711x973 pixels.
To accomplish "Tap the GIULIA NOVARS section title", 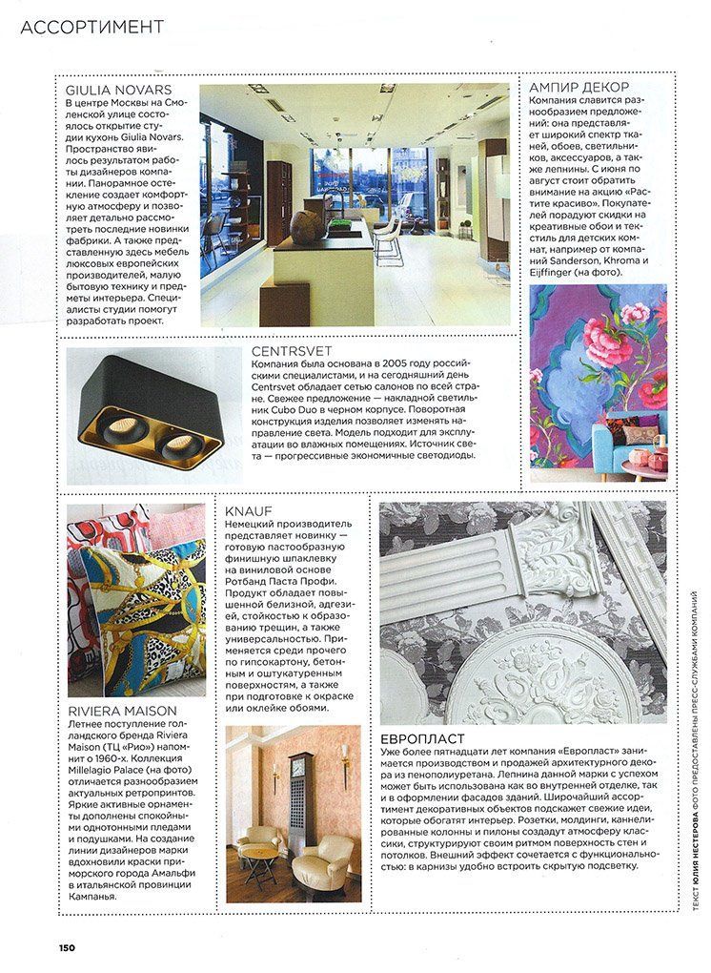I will point(113,90).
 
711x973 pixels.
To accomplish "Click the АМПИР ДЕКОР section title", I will point(583,86).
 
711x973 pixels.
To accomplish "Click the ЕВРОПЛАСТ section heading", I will point(422,738).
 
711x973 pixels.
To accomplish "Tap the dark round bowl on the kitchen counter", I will point(305,228).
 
